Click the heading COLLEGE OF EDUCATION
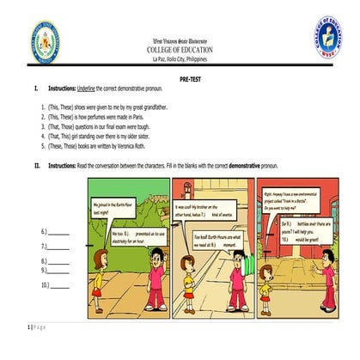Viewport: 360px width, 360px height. tap(180, 50)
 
